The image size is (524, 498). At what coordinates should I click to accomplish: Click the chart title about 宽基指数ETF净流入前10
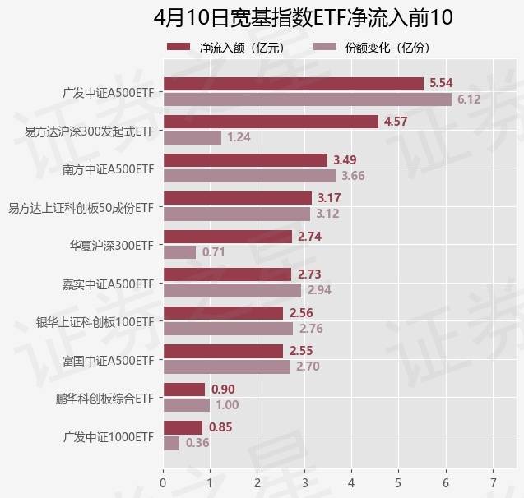coord(303,18)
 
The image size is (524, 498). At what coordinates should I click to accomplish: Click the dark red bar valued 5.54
coord(293,83)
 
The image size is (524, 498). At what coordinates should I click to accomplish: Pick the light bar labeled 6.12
coord(307,99)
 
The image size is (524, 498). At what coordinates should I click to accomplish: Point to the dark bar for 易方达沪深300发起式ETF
coord(271,122)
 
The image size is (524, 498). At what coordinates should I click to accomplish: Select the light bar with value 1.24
coord(192,137)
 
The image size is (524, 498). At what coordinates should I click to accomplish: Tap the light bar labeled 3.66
coord(249,176)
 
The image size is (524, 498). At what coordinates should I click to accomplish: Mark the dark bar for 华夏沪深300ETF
coord(227,237)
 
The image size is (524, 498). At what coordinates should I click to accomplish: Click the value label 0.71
coord(214,252)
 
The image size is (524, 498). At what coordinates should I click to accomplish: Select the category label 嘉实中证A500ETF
coord(108,284)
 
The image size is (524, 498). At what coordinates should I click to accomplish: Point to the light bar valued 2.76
coord(228,329)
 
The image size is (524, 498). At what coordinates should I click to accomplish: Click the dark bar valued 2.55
coord(223,351)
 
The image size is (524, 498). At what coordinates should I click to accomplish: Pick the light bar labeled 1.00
coord(187,405)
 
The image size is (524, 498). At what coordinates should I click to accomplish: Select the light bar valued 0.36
coord(171,443)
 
